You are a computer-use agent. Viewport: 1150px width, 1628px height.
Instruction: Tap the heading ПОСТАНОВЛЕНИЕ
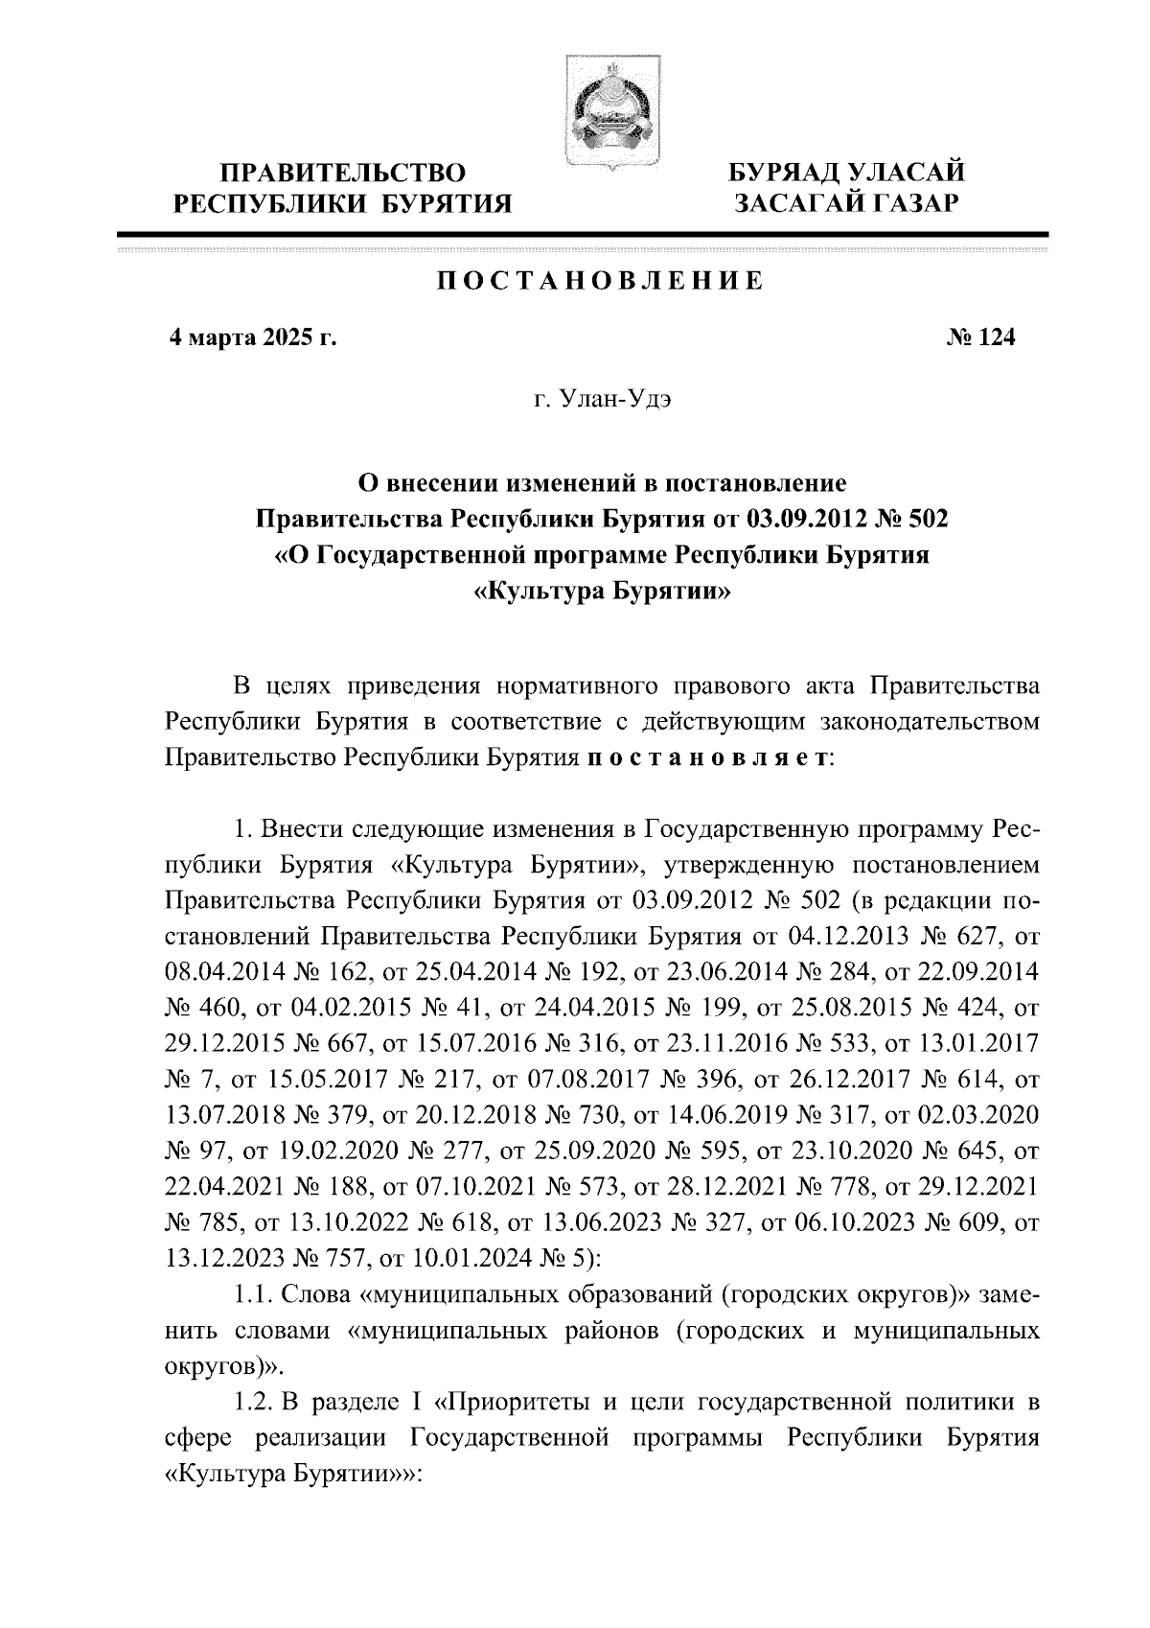[601, 281]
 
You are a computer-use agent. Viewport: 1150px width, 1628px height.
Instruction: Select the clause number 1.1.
[254, 1295]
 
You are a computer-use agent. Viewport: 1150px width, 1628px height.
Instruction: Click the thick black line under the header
[582, 234]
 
